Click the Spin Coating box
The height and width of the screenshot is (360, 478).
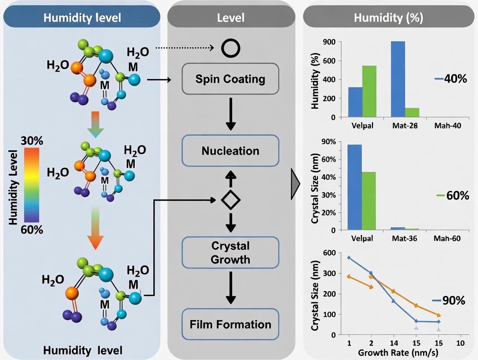230,79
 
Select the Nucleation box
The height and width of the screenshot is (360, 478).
230,151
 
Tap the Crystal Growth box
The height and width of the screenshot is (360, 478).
230,252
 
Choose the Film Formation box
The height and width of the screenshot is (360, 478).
230,324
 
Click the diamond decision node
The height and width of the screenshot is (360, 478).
230,199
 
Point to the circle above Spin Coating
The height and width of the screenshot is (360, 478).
230,49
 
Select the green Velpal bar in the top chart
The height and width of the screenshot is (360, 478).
369,91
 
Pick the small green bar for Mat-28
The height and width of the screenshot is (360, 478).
412,112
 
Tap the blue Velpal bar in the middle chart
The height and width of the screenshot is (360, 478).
355,187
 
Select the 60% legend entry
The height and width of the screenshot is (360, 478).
453,196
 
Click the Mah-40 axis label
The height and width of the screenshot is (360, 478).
447,126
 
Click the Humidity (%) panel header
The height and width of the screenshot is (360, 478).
388,18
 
